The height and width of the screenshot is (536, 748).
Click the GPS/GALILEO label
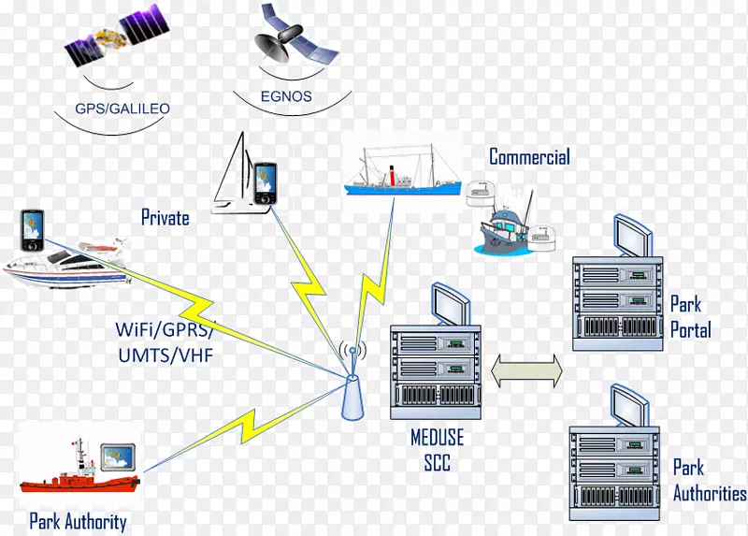(x=122, y=109)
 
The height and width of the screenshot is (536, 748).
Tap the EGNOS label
(x=286, y=96)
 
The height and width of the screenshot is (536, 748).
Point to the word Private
(x=165, y=218)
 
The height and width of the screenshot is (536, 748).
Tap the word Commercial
(x=529, y=157)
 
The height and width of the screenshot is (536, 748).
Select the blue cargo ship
(x=403, y=173)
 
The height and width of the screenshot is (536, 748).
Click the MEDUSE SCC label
(x=437, y=450)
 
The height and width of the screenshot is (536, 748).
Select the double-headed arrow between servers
(x=527, y=369)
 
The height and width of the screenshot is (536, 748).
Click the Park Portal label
(x=690, y=317)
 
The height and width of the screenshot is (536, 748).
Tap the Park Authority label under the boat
(x=79, y=522)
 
